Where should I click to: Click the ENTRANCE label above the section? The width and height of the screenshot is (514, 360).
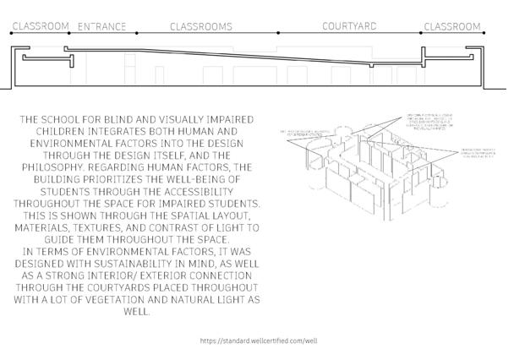tap(101, 27)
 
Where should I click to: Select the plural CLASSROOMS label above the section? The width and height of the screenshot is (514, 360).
tap(200, 27)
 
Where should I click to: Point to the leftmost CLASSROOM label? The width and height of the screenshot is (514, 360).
tap(40, 27)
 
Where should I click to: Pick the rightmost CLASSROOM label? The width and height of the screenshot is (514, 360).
tap(452, 27)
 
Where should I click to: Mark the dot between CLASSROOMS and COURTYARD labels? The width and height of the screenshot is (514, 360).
tap(278, 33)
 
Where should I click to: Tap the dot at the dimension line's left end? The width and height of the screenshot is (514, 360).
tap(10, 33)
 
